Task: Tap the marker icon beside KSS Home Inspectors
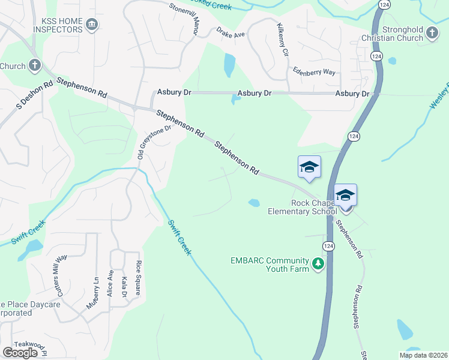(92, 25)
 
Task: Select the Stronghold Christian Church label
(393, 34)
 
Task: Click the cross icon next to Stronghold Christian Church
(432, 34)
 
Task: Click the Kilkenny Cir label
(284, 41)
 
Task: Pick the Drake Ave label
(231, 35)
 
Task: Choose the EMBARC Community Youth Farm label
(270, 265)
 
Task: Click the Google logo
(20, 353)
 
